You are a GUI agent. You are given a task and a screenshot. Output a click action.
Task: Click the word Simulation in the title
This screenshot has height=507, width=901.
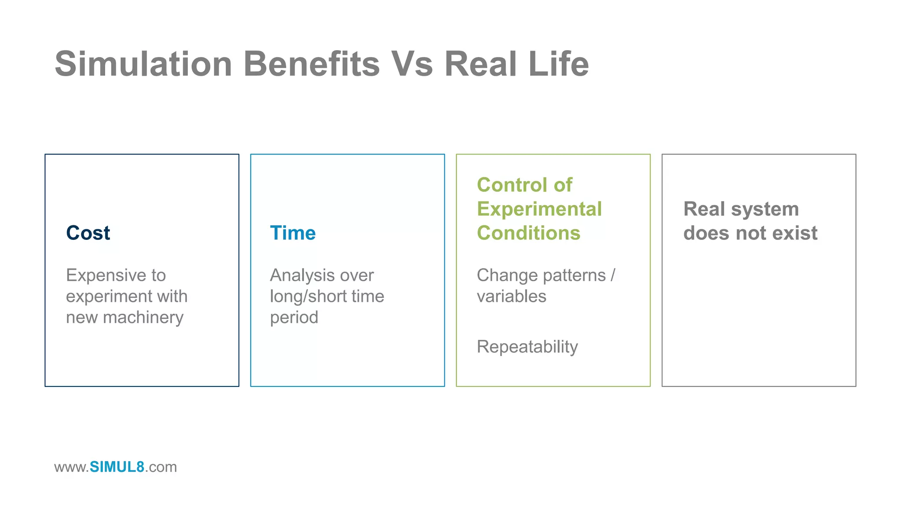[143, 64]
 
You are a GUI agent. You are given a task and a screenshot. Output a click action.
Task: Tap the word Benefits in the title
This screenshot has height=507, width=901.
[311, 64]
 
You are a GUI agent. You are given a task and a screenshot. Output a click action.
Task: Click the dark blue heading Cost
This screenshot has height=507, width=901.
[88, 233]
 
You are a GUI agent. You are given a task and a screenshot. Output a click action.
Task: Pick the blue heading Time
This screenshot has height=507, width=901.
[293, 233]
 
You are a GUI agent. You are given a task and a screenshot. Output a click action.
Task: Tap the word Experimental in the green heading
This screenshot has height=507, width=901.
[539, 209]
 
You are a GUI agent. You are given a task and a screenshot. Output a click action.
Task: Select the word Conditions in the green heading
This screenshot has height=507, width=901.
[528, 233]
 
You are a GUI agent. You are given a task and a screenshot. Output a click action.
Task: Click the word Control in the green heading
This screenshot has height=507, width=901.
[512, 185]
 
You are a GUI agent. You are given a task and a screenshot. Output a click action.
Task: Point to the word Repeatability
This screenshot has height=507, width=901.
[527, 347]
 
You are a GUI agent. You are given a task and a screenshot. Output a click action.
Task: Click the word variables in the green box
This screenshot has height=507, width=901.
[511, 297]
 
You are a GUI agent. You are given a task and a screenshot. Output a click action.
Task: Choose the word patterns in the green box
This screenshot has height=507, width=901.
[574, 276]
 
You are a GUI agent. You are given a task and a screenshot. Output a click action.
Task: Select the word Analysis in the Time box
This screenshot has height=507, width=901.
[301, 276]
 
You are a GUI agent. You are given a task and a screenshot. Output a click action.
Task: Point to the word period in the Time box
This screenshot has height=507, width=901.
[294, 318]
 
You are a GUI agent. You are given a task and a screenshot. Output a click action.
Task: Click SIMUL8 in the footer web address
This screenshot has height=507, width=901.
[117, 467]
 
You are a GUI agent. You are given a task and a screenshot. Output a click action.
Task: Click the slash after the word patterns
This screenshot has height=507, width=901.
[613, 276]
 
